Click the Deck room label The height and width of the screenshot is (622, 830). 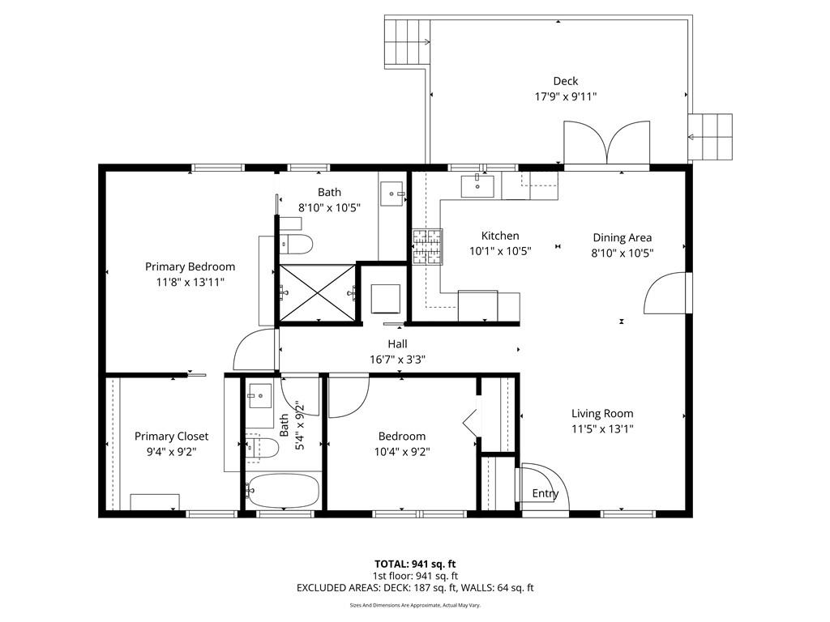(565, 81)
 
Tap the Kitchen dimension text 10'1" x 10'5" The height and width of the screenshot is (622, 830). (500, 251)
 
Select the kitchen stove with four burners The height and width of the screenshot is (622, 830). (429, 246)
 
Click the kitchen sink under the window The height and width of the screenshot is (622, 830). (478, 186)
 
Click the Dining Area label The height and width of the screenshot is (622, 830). (622, 237)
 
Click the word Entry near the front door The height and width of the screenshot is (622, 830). (545, 494)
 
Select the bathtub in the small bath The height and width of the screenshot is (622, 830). (283, 492)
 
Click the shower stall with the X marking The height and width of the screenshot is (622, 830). (317, 292)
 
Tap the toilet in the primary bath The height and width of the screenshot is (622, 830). (296, 243)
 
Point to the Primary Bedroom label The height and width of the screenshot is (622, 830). (190, 266)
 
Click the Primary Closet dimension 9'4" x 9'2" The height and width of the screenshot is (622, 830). (171, 451)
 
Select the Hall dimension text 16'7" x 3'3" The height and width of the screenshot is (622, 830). (397, 359)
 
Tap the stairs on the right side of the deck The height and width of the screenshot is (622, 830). (711, 138)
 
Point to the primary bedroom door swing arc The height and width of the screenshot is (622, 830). (253, 350)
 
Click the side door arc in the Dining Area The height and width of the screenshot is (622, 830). (666, 293)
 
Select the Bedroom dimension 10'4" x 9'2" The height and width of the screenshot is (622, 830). (401, 451)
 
